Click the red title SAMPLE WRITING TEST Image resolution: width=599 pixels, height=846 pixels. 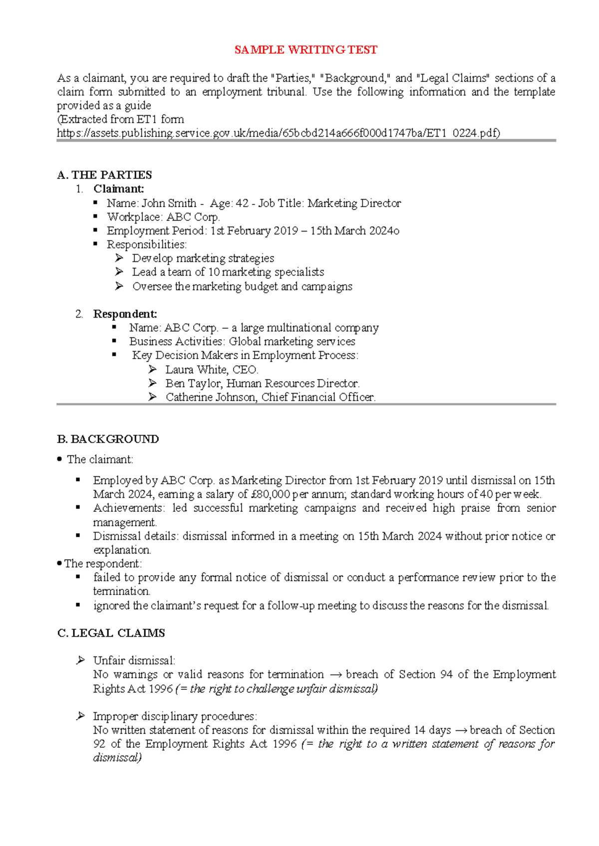point(305,50)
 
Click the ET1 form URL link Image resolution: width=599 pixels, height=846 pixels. point(278,133)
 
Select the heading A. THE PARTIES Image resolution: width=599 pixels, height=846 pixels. point(104,175)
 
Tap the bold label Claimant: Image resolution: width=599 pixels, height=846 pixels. point(118,189)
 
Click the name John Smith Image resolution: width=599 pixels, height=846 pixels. point(169,204)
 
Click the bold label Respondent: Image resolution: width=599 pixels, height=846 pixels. point(125,314)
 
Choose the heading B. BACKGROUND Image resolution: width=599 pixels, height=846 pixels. point(108,439)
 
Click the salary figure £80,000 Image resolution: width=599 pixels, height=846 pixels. point(270,495)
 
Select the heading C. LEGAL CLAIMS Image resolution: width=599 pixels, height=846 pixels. point(111,634)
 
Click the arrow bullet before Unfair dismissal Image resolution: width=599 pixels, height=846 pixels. point(80,660)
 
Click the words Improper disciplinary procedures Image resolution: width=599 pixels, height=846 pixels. point(174,717)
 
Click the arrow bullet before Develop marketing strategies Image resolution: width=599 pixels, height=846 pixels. point(119,258)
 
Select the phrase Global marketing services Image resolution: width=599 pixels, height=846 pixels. point(292,342)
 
